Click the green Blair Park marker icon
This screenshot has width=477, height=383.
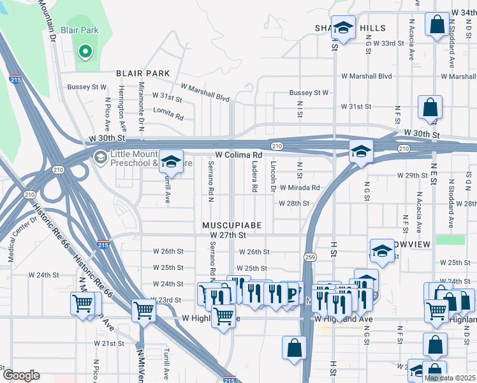(x=84, y=51)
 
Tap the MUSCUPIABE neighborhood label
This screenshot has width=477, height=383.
(x=231, y=226)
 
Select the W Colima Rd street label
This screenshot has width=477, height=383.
(x=238, y=155)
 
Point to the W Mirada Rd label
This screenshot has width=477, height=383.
(x=298, y=188)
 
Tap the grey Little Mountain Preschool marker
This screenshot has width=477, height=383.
(x=100, y=157)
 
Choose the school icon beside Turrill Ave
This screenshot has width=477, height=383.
(x=171, y=161)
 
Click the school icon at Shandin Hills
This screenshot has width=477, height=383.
(x=343, y=27)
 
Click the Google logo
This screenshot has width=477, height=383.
(x=20, y=375)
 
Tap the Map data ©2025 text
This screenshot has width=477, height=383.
(x=450, y=378)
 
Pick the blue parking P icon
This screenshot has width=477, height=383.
(x=293, y=294)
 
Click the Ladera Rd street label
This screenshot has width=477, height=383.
(x=254, y=176)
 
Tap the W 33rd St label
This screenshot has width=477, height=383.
(x=389, y=43)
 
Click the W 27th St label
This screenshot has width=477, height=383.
(x=228, y=236)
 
